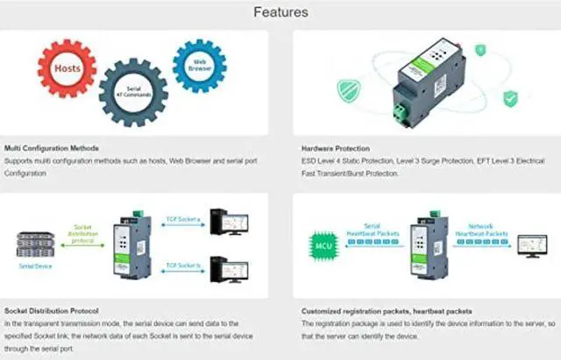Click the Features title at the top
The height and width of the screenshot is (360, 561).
coord(280,12)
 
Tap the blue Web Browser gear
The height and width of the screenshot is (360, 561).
coord(200,64)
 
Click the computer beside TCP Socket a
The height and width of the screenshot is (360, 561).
coord(232,223)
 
